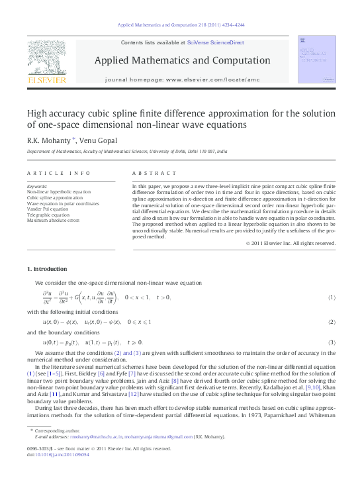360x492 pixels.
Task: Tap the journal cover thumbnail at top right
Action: point(316,60)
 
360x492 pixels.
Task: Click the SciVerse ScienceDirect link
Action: point(215,42)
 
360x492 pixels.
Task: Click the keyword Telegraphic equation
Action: point(48,215)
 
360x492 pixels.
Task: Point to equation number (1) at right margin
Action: point(332,297)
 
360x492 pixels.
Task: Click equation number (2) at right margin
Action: point(332,322)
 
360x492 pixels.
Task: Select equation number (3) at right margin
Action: point(332,342)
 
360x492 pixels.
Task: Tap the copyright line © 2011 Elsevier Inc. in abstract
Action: point(291,243)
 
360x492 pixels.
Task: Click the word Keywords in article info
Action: point(37,187)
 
